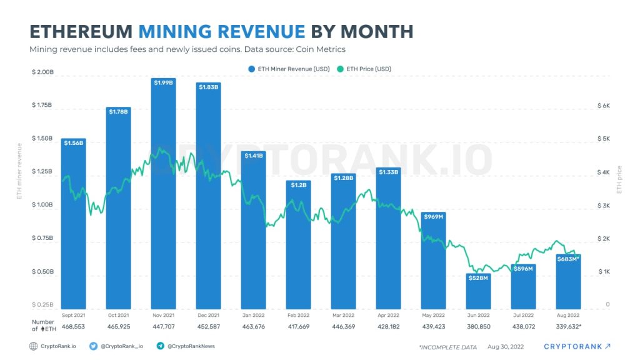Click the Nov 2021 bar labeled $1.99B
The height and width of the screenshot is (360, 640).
tap(164, 194)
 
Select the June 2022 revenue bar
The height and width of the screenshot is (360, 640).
tap(479, 291)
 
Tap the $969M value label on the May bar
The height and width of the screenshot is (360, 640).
tap(433, 216)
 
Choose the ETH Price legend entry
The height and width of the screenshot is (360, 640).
tap(364, 69)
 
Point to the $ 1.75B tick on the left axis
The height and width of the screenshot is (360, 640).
tap(42, 105)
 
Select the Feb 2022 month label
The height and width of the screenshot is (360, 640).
tap(299, 316)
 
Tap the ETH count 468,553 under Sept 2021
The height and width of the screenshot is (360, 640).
tap(74, 327)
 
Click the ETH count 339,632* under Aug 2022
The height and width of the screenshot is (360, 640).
tap(569, 327)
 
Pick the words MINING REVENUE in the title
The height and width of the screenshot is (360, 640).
tap(222, 31)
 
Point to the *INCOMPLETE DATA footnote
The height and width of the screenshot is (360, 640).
tap(447, 347)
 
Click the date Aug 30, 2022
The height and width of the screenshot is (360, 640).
tap(507, 346)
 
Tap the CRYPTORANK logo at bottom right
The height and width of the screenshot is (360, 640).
tap(577, 346)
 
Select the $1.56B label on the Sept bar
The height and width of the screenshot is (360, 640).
tap(74, 142)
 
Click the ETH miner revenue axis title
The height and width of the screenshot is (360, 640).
tap(19, 170)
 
